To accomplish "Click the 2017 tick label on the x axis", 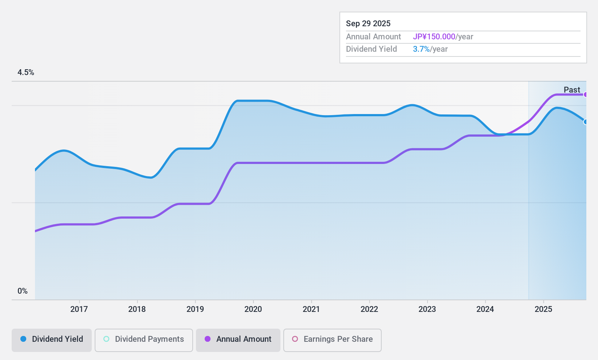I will click(79, 309).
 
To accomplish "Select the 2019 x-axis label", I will click(195, 309).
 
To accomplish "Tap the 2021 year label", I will click(311, 309).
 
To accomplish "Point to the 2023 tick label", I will click(427, 309).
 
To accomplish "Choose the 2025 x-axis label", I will click(543, 309).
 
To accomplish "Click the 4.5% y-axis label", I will click(26, 73).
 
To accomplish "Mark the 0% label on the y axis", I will click(23, 291).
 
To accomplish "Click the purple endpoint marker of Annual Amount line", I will click(585, 95).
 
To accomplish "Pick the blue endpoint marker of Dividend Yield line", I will click(585, 122).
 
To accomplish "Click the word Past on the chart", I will click(572, 90).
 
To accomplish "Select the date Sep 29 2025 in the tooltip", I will click(368, 24).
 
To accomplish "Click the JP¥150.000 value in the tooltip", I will click(434, 37).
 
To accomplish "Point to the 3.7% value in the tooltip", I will click(421, 49).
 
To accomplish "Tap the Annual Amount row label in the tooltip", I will click(373, 37).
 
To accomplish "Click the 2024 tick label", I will click(485, 309).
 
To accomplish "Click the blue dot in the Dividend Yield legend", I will click(23, 339).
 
